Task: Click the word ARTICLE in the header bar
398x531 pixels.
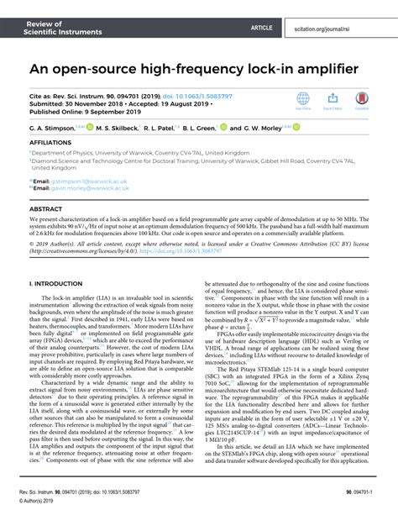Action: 262,28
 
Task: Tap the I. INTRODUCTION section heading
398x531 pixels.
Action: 59,285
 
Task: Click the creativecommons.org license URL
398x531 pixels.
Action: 82,255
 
